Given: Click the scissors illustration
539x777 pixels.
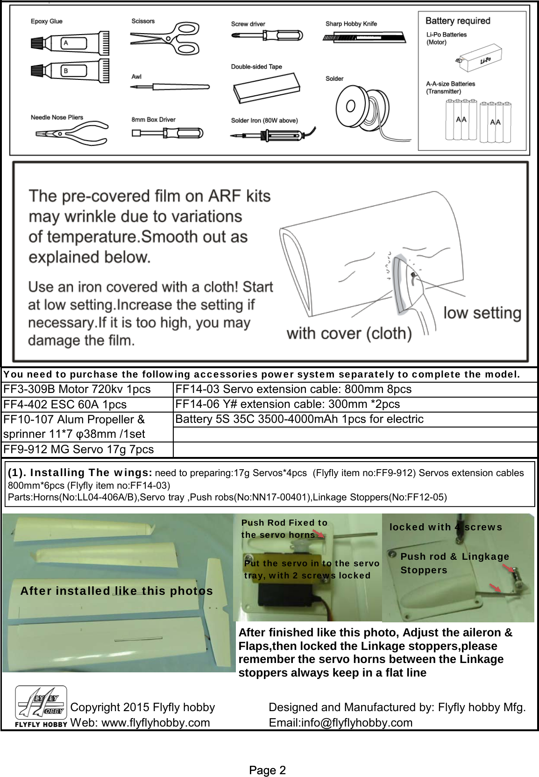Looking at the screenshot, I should [x=166, y=39].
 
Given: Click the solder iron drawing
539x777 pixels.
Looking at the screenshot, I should [x=271, y=135].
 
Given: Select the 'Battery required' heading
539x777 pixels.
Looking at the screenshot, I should [x=458, y=21].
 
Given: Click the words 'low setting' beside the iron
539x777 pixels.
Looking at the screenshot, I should [x=482, y=313].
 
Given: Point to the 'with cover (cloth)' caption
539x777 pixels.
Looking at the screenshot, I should [x=349, y=334].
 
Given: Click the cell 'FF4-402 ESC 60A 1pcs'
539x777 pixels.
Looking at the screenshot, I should [x=65, y=404].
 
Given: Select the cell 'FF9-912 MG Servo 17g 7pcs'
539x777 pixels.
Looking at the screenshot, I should [x=78, y=449].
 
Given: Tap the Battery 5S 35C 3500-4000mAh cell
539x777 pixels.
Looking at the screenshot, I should [x=299, y=419].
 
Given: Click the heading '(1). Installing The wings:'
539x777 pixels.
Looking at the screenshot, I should [x=80, y=472].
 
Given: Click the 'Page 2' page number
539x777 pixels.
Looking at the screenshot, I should [x=268, y=770].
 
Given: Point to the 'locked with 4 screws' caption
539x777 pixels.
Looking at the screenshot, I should [x=446, y=527].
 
